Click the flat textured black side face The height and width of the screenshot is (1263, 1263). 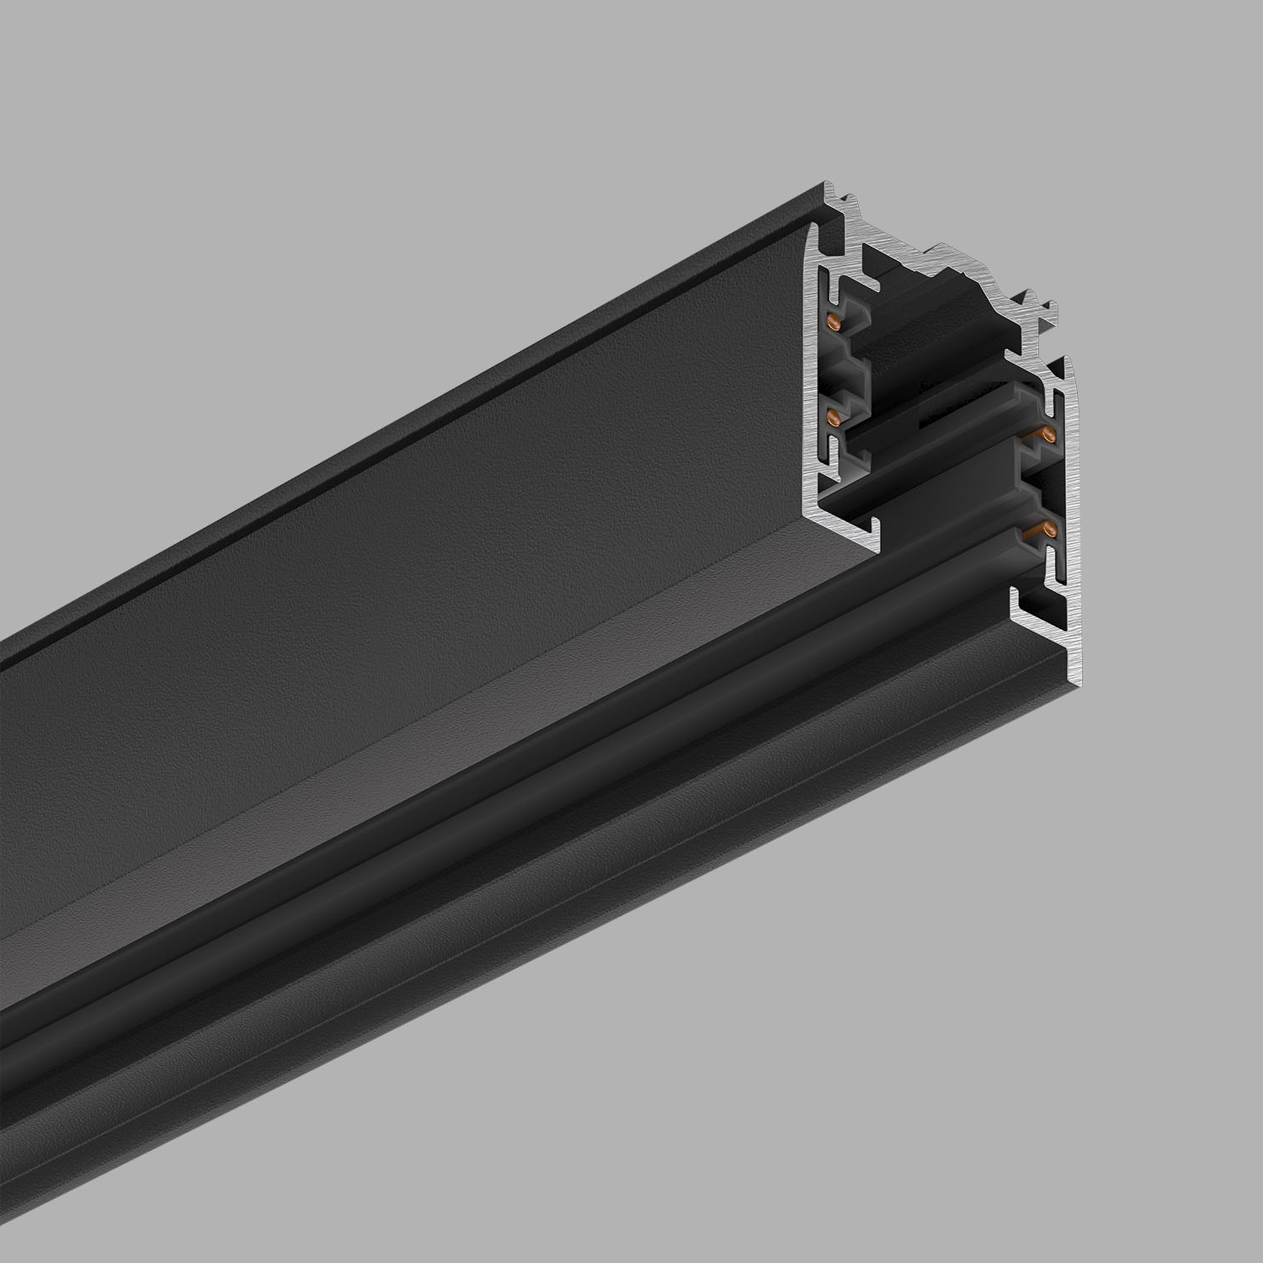(x=421, y=631)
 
